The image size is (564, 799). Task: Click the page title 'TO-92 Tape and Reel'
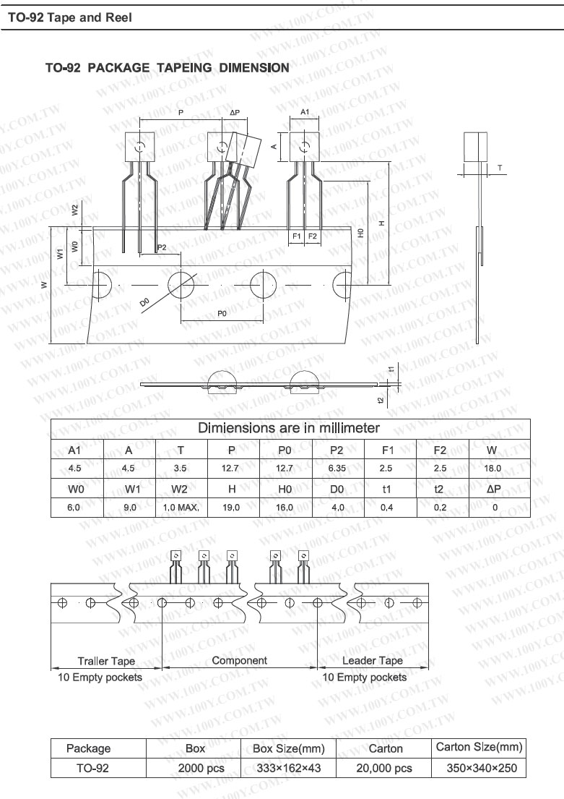70,18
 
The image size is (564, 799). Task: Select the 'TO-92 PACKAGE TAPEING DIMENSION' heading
168,68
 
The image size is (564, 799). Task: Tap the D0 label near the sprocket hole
144,302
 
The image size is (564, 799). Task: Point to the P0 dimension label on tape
222,313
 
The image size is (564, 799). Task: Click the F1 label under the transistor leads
297,236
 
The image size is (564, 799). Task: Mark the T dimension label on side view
500,167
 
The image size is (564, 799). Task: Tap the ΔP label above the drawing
235,113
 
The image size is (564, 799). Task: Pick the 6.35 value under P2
337,468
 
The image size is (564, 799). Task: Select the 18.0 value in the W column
493,468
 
